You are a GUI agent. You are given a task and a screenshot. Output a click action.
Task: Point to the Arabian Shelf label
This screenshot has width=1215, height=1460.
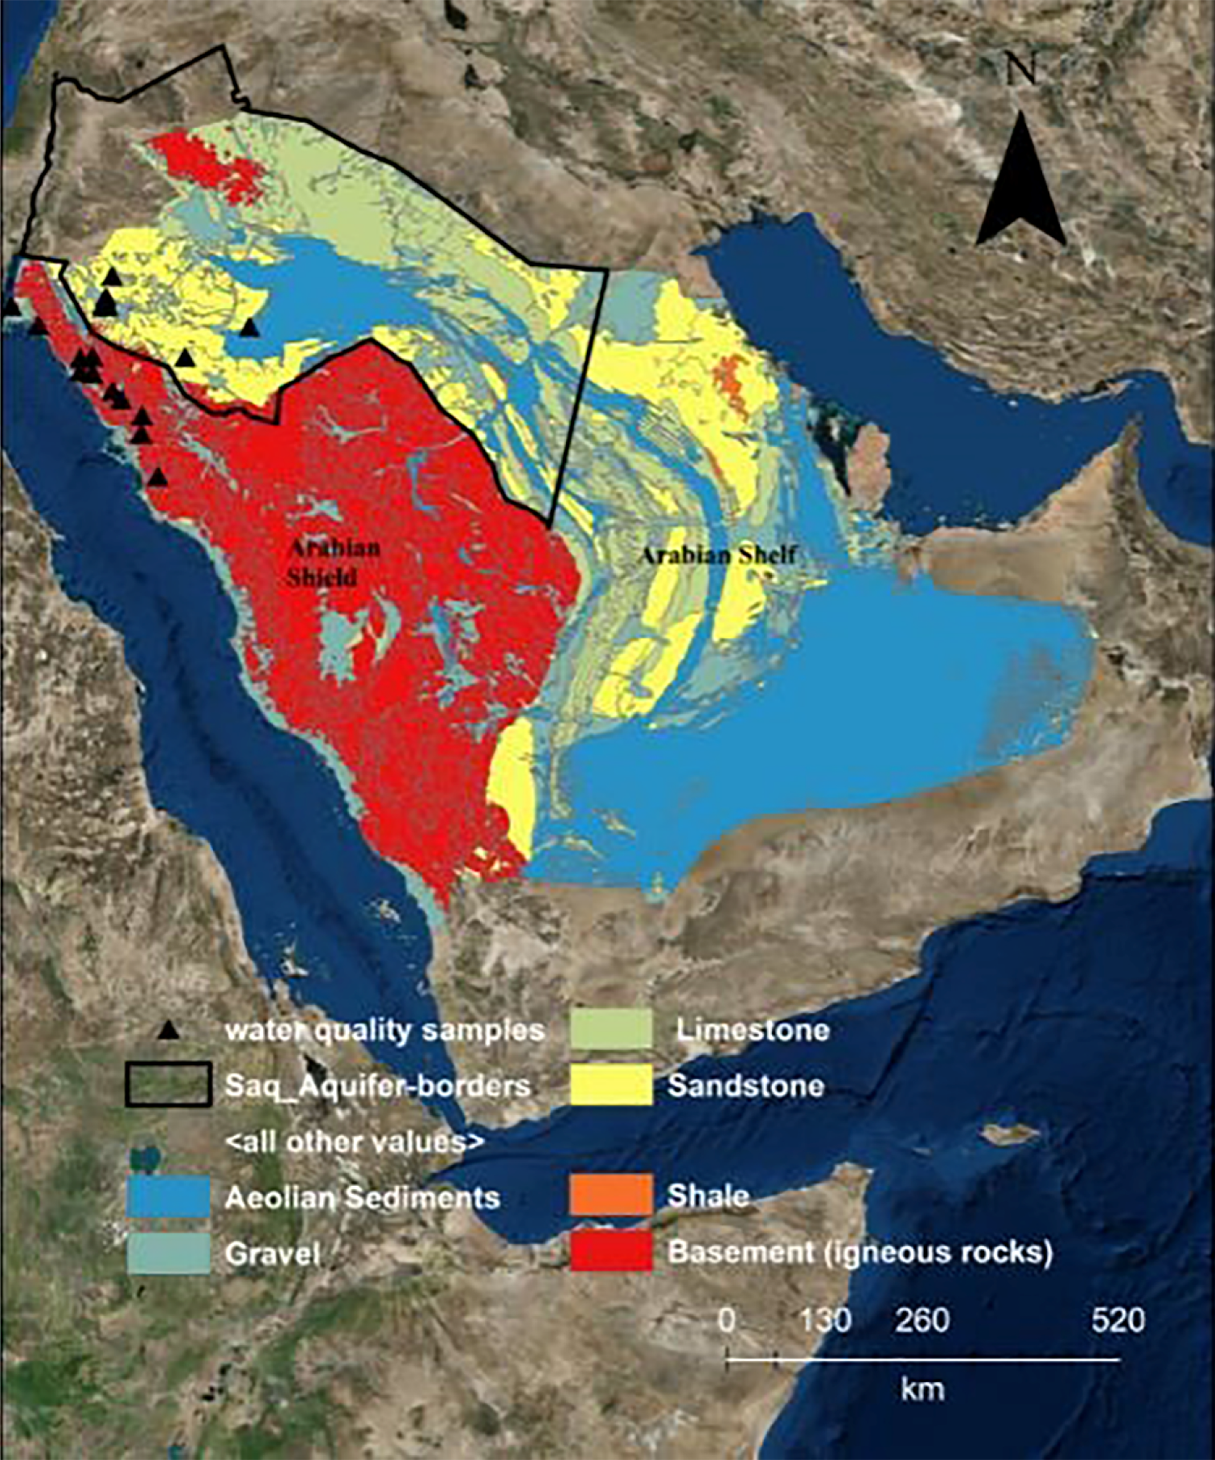(x=717, y=555)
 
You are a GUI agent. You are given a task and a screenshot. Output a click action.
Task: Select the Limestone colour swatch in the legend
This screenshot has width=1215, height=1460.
(x=611, y=1030)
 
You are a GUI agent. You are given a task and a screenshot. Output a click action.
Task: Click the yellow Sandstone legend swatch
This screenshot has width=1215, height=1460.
(x=611, y=1085)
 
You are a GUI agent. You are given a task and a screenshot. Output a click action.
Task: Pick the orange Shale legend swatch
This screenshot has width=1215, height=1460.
(x=611, y=1195)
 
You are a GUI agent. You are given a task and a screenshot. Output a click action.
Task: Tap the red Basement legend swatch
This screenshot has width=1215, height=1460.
(x=611, y=1252)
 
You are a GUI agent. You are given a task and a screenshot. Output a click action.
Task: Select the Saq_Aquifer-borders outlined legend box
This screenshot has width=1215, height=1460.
(x=169, y=1085)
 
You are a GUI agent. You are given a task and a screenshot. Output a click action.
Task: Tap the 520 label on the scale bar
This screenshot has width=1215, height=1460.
(x=1118, y=1320)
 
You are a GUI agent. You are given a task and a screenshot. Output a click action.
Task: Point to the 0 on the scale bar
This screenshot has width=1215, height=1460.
(x=725, y=1320)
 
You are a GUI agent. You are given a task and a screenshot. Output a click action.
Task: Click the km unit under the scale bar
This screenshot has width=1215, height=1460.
(x=922, y=1388)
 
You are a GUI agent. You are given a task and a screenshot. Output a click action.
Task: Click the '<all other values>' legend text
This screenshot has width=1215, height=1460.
(x=354, y=1142)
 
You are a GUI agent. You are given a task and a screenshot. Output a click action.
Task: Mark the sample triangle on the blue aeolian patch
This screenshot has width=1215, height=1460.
(x=249, y=327)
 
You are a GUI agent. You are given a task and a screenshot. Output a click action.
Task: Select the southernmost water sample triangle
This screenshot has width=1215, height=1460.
(x=158, y=478)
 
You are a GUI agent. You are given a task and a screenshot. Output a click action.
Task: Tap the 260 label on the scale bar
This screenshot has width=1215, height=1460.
(x=922, y=1320)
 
